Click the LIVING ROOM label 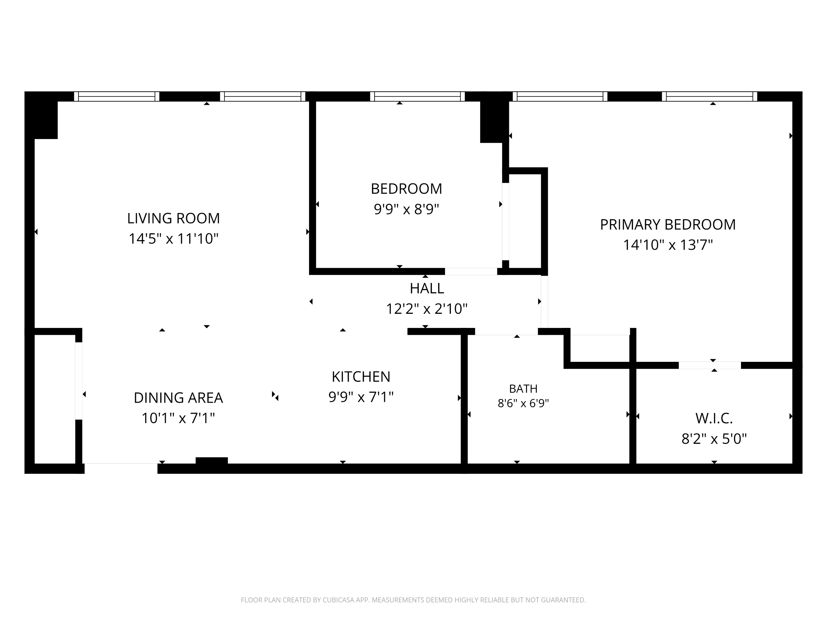173,218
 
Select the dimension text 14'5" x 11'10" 173,239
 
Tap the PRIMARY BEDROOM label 668,225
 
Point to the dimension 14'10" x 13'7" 668,245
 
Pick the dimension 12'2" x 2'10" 427,309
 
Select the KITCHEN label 361,376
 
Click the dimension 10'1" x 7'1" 178,418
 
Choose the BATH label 523,389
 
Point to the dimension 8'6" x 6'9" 523,404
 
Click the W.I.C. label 714,418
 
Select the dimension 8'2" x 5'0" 714,439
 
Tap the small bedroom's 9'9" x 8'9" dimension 406,209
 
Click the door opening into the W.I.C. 710,365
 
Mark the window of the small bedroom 417,97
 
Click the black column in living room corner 42,116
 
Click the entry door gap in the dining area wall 121,469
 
